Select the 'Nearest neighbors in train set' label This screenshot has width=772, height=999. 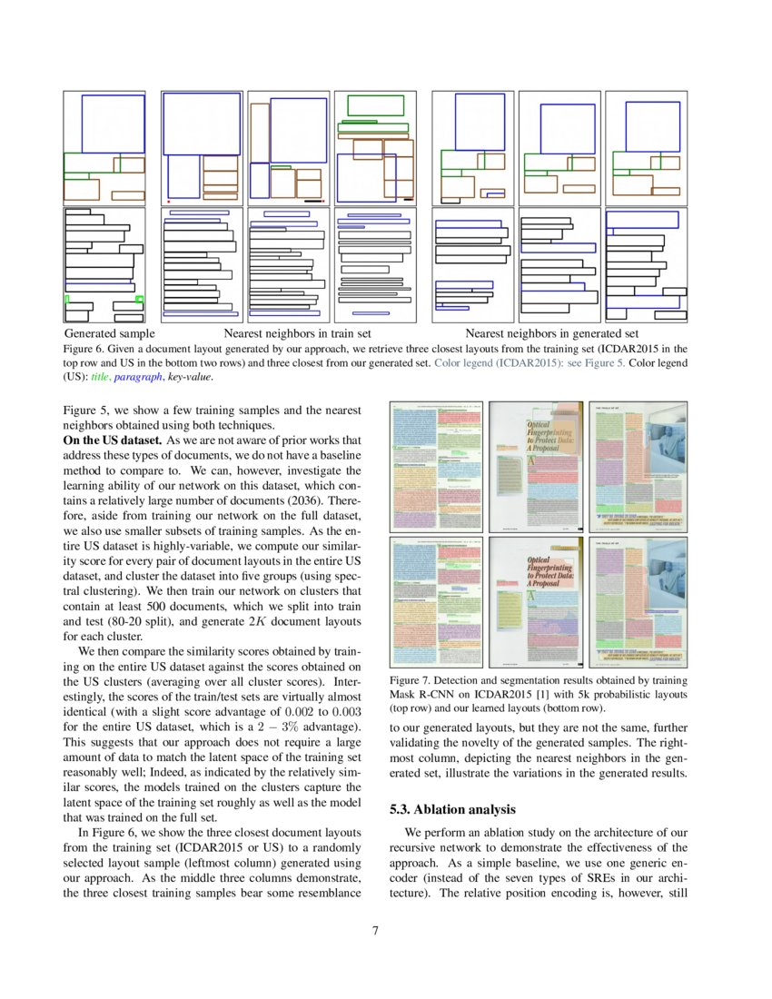[x=297, y=334]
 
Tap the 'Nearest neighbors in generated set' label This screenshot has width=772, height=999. [x=551, y=334]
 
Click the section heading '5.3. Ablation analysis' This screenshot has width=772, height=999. [x=452, y=808]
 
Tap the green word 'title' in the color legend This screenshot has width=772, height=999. [x=100, y=377]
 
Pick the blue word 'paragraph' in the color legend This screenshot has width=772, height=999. [x=139, y=377]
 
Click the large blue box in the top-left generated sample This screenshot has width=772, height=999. [x=113, y=124]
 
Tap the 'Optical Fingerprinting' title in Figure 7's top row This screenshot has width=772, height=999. [x=549, y=435]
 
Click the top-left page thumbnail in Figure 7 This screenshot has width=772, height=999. [x=436, y=467]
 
